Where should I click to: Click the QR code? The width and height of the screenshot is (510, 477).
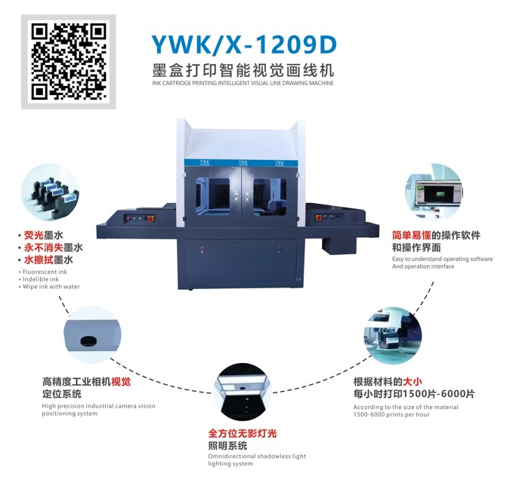(69, 61)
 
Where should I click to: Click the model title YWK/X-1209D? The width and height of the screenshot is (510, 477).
(244, 45)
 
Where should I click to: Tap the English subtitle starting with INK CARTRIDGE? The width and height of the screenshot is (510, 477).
(243, 83)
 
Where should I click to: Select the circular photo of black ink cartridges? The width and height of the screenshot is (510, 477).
(51, 192)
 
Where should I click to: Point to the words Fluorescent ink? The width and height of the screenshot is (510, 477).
(45, 272)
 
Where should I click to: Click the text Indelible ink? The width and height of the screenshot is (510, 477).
(41, 279)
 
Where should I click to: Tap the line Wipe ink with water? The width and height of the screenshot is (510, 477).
(51, 287)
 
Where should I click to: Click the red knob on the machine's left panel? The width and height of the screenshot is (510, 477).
(150, 219)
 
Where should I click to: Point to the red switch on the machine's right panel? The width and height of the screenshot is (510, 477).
(318, 217)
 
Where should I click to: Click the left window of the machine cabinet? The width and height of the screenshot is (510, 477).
(212, 195)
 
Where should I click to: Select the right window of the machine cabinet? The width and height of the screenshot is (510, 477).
(270, 197)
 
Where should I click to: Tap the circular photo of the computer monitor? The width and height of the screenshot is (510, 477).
(434, 192)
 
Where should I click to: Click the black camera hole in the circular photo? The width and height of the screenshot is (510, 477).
(88, 341)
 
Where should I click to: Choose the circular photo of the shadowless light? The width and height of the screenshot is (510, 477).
(243, 392)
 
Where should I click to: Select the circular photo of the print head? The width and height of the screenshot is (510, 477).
(393, 335)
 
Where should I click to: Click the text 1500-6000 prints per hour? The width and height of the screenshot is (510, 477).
(391, 414)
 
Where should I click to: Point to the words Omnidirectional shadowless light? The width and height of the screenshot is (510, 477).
(257, 456)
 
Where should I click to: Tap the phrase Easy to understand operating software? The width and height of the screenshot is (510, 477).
(442, 259)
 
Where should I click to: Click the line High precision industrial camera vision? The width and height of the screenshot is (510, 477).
(98, 406)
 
